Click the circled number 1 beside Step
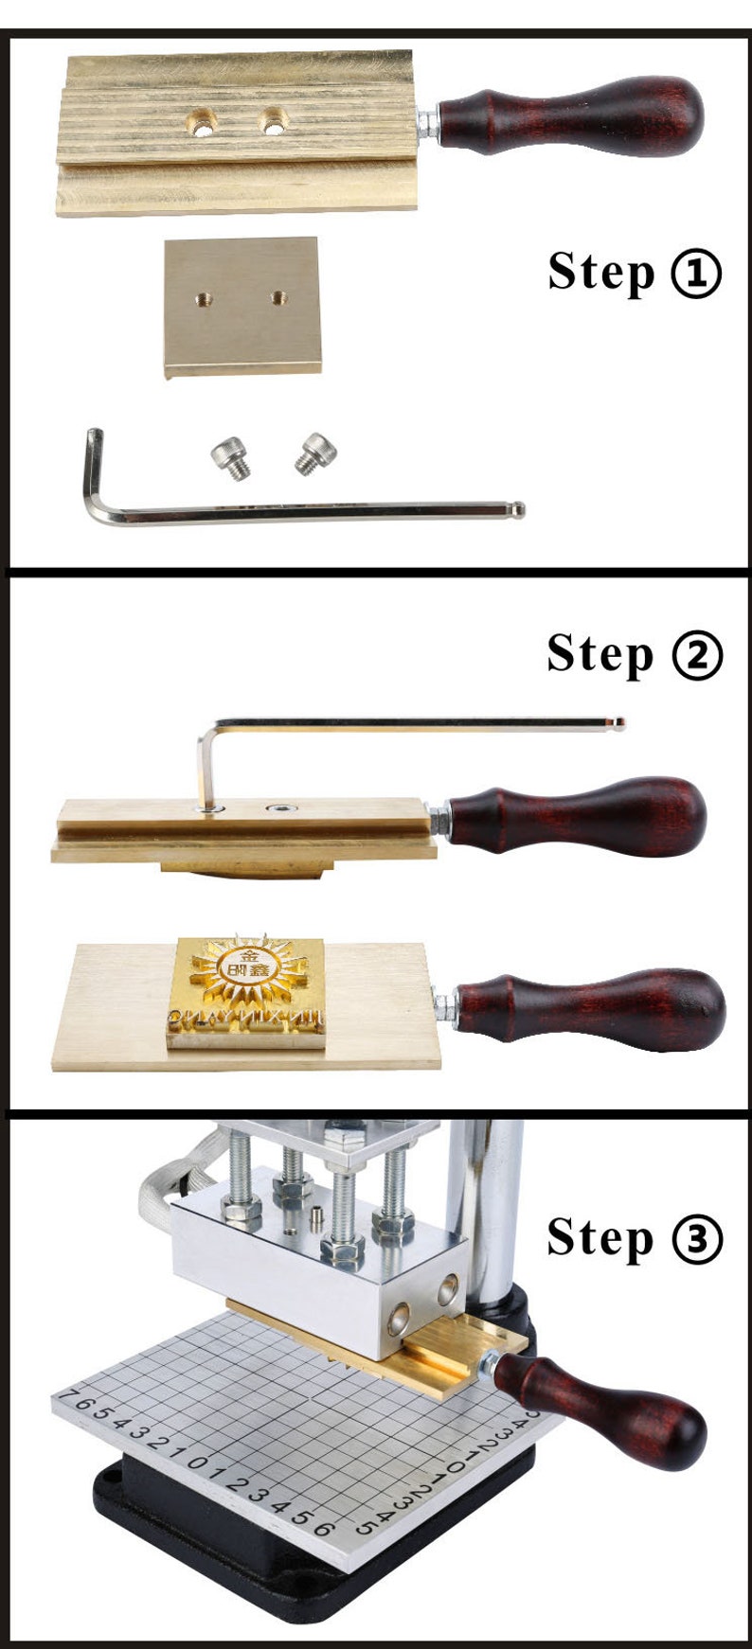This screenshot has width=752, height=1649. [x=696, y=275]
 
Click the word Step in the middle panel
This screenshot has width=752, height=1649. [x=600, y=653]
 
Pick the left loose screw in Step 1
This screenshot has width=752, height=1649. [x=232, y=458]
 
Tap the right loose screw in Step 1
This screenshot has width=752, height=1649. [x=314, y=452]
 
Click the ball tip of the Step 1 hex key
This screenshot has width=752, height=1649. [x=518, y=509]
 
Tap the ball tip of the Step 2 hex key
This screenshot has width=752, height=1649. [x=619, y=724]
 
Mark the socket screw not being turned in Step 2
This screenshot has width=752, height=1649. [x=280, y=808]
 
